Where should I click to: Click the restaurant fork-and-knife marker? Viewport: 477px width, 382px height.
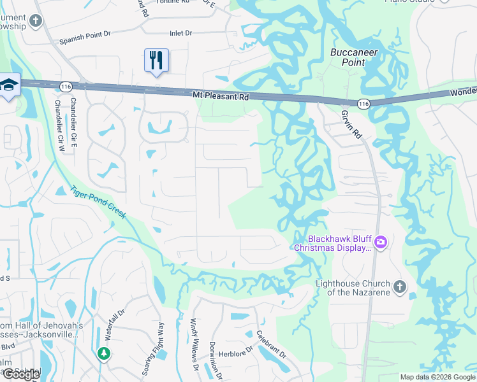coord(156,60)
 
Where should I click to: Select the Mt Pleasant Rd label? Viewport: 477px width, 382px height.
coord(220,96)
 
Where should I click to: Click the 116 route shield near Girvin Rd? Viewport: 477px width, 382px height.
coord(363,104)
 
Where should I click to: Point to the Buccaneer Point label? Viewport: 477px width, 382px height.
coord(355,57)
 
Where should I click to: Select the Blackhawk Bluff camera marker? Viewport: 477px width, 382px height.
coord(381,241)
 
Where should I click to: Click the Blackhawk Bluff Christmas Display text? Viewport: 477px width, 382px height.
coord(332,243)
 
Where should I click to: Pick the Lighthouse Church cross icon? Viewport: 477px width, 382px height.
coord(400,286)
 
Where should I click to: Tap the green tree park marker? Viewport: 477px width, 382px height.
coord(103,353)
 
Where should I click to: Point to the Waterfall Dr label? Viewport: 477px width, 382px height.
coord(115,327)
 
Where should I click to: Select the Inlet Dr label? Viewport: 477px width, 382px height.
coord(180,32)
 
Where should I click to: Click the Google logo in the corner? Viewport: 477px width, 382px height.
coord(21,374)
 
